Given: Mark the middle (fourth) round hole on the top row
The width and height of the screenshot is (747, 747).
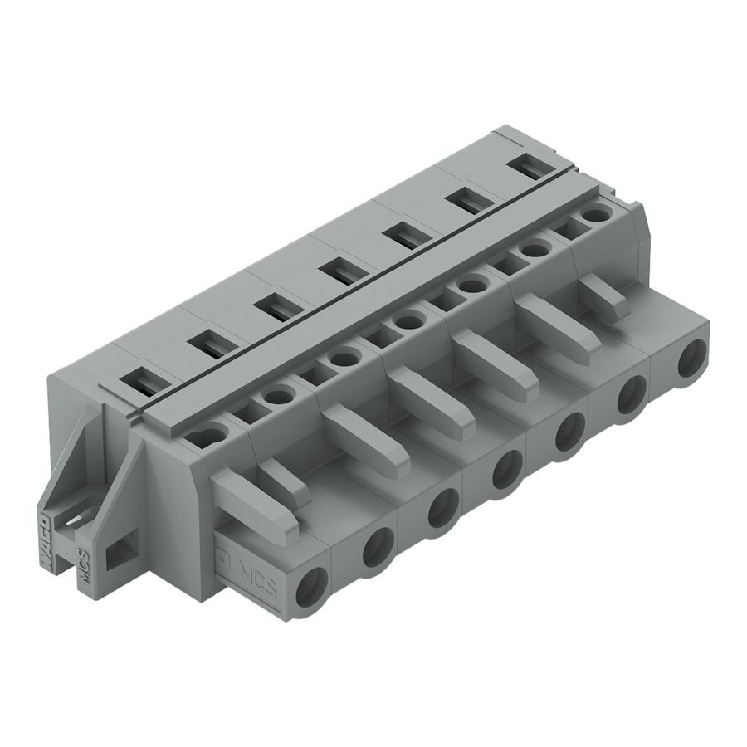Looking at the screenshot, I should [x=408, y=321].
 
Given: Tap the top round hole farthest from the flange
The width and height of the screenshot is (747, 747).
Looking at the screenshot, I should [x=593, y=215].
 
